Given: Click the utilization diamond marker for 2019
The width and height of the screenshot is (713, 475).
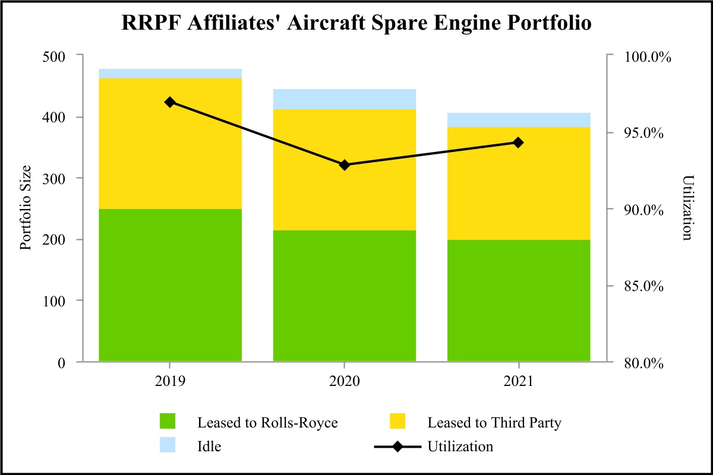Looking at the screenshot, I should click(170, 102).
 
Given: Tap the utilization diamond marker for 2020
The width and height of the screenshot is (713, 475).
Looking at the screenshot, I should click(345, 164).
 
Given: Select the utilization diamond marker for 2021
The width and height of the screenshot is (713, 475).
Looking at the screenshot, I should click(519, 142).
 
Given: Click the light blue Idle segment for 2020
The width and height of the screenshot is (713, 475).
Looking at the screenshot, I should click(345, 99).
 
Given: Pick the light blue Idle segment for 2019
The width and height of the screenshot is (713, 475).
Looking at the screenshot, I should click(170, 74).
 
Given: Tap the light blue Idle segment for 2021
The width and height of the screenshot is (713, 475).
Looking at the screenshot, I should click(519, 120).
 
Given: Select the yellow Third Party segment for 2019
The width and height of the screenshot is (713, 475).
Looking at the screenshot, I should click(170, 144).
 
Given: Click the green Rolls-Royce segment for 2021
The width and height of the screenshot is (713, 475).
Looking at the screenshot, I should click(519, 300).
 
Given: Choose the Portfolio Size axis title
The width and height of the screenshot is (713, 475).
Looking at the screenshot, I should click(26, 208).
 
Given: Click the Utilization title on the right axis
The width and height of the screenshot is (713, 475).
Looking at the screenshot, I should click(687, 208).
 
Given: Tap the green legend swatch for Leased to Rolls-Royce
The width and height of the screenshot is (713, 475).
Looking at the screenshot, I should click(169, 422).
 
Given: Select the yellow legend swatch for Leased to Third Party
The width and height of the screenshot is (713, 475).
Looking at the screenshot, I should click(397, 422).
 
